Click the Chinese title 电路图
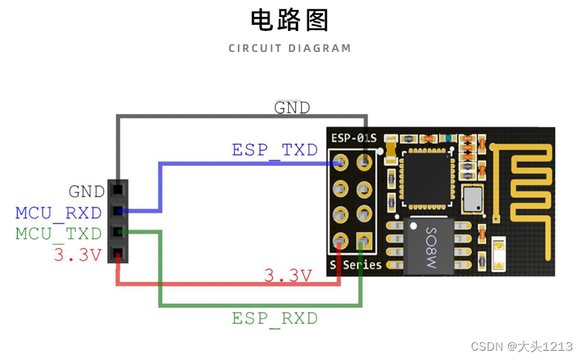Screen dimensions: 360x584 (x=290, y=20)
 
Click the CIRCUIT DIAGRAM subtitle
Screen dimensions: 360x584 (x=290, y=48)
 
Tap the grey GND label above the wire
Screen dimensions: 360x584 (x=292, y=108)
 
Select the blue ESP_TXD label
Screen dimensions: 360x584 (x=275, y=149)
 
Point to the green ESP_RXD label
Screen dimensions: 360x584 (x=275, y=318)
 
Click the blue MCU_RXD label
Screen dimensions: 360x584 (x=59, y=212)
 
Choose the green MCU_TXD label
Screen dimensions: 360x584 (x=59, y=233)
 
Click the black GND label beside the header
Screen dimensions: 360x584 (x=86, y=191)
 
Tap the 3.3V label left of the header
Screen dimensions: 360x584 (x=77, y=255)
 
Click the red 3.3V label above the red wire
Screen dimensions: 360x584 (x=288, y=275)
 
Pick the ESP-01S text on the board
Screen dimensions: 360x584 (x=354, y=138)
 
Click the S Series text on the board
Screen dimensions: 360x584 (x=356, y=265)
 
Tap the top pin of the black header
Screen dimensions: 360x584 (x=117, y=189)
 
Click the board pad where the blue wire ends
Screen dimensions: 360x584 (x=339, y=163)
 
